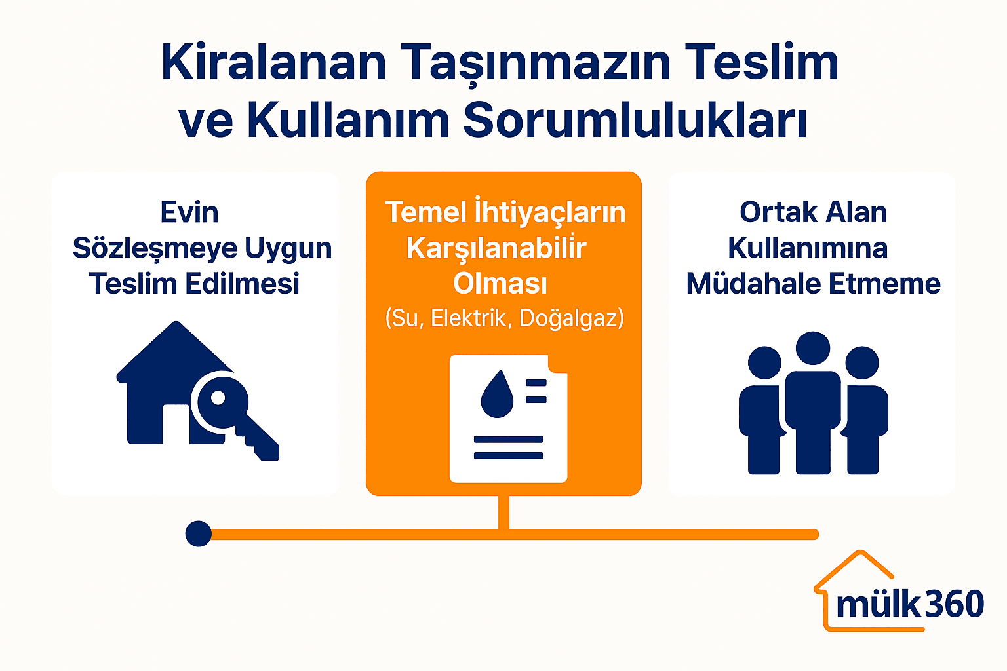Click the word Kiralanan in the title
coord(273,64)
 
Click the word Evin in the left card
coord(189,212)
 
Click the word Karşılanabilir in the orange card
coord(496,248)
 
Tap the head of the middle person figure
coord(813,348)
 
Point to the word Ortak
coord(778,212)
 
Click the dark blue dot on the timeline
coord(198,534)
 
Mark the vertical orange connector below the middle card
coord(503,512)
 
